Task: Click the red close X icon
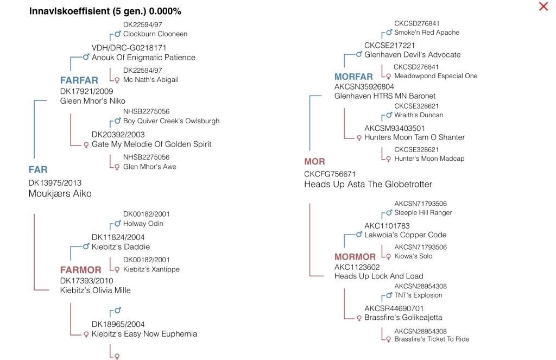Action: click(543, 7)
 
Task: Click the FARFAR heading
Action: click(79, 81)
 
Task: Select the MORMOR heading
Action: click(355, 257)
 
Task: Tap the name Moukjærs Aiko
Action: click(60, 194)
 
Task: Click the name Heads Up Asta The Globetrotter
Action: click(368, 185)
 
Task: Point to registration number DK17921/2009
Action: click(87, 91)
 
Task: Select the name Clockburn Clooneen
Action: click(155, 34)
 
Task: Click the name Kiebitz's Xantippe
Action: click(151, 269)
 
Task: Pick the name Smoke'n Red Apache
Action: click(427, 33)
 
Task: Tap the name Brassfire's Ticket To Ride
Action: click(432, 339)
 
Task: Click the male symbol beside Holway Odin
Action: click(117, 224)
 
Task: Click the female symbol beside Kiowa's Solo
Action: click(388, 256)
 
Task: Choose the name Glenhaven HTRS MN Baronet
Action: click(385, 96)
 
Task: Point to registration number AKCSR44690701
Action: click(394, 308)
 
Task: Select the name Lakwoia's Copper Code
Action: click(406, 235)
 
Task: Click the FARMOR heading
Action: click(80, 270)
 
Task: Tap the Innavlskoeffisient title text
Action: click(105, 11)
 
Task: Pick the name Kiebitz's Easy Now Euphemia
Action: click(144, 334)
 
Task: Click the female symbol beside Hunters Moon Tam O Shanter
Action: click(358, 138)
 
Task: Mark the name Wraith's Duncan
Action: click(419, 115)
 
